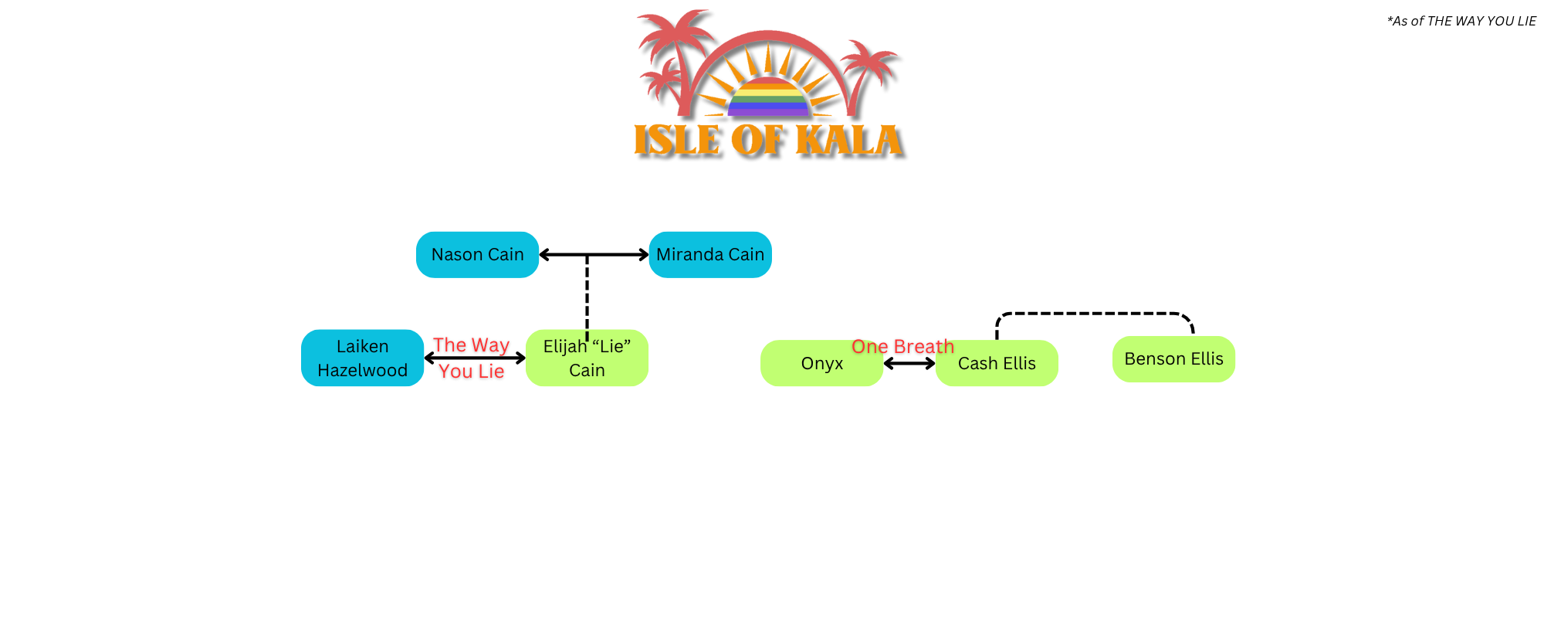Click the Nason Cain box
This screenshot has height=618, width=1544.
(477, 255)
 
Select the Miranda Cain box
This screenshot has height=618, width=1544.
(710, 255)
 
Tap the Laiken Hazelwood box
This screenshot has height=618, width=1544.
(362, 358)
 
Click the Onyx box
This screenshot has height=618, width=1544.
(821, 363)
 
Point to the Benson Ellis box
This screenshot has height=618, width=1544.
(1173, 359)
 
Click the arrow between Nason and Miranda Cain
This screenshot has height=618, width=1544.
(618, 254)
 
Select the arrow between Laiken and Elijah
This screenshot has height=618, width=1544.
(475, 358)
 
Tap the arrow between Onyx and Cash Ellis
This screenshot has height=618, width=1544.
(909, 363)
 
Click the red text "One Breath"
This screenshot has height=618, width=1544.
(902, 347)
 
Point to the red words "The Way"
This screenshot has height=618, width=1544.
(471, 345)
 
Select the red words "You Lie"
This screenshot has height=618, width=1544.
(471, 372)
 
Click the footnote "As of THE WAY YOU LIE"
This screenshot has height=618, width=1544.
(1461, 21)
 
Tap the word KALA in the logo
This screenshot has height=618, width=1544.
(848, 141)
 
